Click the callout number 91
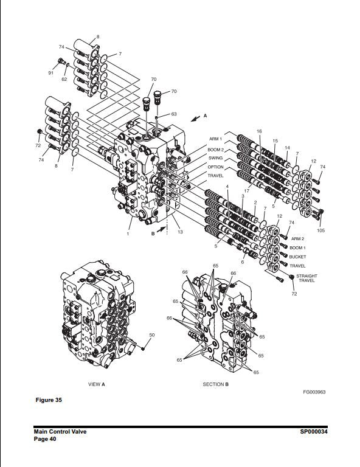(x=50, y=73)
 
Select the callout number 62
(x=64, y=79)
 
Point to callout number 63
(x=173, y=114)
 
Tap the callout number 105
(x=320, y=230)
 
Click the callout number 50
(x=151, y=335)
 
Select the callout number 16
(x=259, y=131)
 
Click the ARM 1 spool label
(x=216, y=139)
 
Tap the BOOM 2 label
(x=215, y=150)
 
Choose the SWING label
(x=215, y=158)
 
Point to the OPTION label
(x=215, y=167)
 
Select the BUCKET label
(x=298, y=257)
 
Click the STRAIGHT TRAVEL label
(x=306, y=278)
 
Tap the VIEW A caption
(x=97, y=384)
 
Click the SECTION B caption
(x=215, y=384)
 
